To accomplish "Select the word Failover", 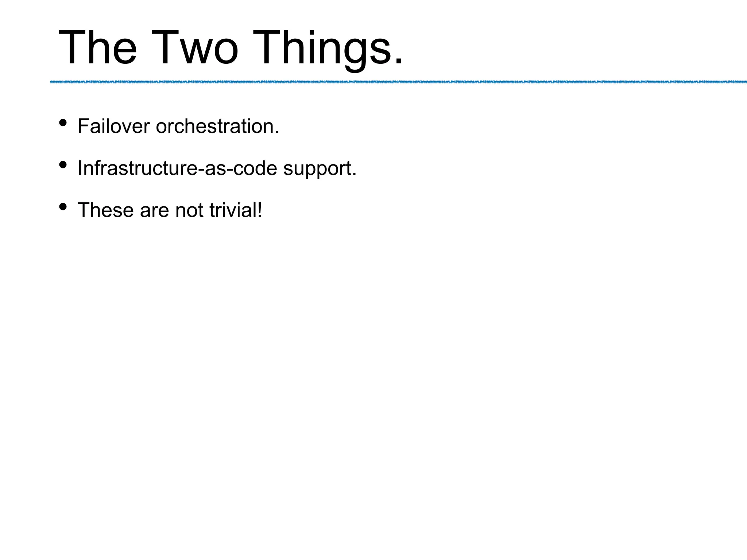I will point(113,126).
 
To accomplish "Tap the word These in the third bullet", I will point(105,210).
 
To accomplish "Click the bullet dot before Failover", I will point(63,123).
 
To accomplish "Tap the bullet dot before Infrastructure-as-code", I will point(63,165).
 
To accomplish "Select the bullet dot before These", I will point(63,207).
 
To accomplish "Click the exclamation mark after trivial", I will point(259,210).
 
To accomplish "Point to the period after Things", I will point(398,62).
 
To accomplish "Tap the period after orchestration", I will point(277,133).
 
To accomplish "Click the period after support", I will point(354,175).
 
